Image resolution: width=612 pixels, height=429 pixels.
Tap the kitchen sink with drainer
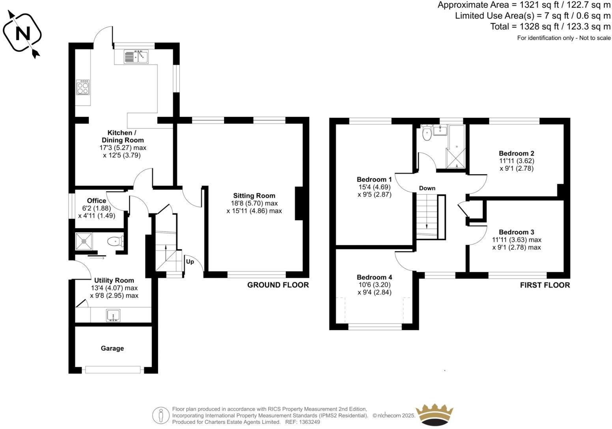pyautogui.click(x=136, y=57)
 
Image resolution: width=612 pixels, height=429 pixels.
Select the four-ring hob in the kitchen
pyautogui.click(x=83, y=87)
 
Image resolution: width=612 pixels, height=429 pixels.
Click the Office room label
pyautogui.click(x=97, y=201)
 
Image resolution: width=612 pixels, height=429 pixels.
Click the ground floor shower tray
pyautogui.click(x=85, y=241)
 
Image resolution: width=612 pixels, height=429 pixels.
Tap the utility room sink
pyautogui.click(x=113, y=315)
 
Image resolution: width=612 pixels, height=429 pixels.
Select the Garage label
pyautogui.click(x=112, y=348)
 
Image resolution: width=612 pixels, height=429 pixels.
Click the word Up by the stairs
pyautogui.click(x=190, y=261)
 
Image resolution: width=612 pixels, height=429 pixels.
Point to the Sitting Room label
pyautogui.click(x=254, y=196)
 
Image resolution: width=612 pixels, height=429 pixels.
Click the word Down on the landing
pyautogui.click(x=427, y=188)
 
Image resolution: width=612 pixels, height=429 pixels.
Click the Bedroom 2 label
pyautogui.click(x=516, y=153)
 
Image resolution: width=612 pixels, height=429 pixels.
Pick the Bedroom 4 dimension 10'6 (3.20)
pyautogui.click(x=374, y=285)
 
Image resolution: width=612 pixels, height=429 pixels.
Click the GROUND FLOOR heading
pyautogui.click(x=278, y=285)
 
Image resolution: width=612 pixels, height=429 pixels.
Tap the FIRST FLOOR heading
pyautogui.click(x=545, y=285)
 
